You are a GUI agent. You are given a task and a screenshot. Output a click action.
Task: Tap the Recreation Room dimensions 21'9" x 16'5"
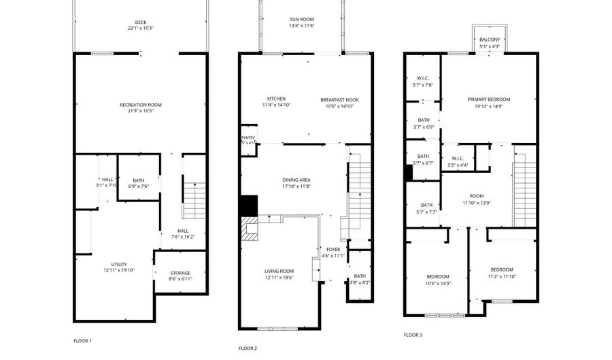pyautogui.click(x=141, y=111)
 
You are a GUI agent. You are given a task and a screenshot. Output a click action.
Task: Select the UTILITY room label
pyautogui.click(x=119, y=264)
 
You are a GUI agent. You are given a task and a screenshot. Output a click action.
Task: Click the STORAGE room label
pyautogui.click(x=180, y=273)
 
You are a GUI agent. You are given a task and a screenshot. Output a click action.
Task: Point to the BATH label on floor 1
pyautogui.click(x=139, y=180)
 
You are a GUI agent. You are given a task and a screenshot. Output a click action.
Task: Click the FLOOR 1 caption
pyautogui.click(x=82, y=340)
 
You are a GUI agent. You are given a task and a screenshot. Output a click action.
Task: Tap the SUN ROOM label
pyautogui.click(x=302, y=18)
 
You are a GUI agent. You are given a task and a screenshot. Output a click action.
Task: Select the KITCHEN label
pyautogui.click(x=276, y=99)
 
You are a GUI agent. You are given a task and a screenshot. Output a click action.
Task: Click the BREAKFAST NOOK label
pyautogui.click(x=339, y=99)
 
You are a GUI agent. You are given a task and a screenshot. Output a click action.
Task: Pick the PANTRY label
pyautogui.click(x=248, y=137)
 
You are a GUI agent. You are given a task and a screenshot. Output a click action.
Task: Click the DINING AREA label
pyautogui.click(x=296, y=180)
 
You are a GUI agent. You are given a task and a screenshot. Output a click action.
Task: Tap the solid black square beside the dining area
pyautogui.click(x=250, y=205)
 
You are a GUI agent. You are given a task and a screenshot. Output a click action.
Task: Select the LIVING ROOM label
pyautogui.click(x=279, y=271)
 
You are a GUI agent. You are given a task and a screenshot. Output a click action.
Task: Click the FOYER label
pyautogui.click(x=333, y=249)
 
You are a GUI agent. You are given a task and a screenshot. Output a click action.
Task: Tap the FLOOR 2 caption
pyautogui.click(x=248, y=348)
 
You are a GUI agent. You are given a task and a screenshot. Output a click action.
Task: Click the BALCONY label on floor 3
pyautogui.click(x=489, y=39)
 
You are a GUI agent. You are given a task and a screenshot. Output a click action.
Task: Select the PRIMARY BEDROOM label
pyautogui.click(x=488, y=99)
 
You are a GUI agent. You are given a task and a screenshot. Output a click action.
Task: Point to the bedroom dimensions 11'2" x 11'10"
pyautogui.click(x=502, y=276)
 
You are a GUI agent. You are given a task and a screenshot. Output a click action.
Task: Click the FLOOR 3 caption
pyautogui.click(x=413, y=335)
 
